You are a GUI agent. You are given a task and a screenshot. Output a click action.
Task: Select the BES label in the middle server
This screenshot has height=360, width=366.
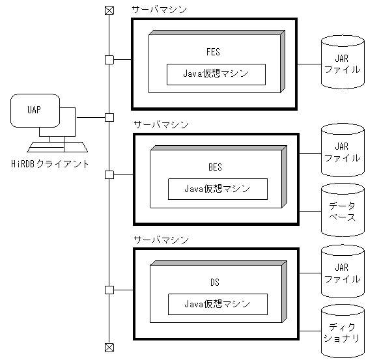(x=215, y=167)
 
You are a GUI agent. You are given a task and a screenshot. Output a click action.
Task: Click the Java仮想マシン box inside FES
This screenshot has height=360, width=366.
(x=216, y=74)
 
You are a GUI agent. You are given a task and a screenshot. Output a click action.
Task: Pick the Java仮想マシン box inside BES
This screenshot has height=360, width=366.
(x=218, y=189)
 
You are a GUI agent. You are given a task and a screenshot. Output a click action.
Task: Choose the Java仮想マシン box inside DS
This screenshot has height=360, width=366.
(x=218, y=303)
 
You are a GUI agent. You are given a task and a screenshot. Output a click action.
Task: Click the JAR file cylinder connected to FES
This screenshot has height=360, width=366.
(x=342, y=63)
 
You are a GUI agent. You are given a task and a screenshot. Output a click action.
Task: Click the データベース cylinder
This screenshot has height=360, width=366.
(x=342, y=210)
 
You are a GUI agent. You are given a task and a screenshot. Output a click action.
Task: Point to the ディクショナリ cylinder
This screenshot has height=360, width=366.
(x=342, y=331)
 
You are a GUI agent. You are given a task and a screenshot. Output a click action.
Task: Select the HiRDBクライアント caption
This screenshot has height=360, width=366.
(x=51, y=164)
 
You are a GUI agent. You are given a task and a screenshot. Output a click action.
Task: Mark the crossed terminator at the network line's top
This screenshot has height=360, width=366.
(x=109, y=10)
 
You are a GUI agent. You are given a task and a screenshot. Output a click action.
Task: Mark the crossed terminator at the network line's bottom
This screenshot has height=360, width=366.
(x=109, y=346)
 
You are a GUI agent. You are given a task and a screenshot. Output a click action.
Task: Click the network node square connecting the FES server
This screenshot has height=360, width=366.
(x=109, y=60)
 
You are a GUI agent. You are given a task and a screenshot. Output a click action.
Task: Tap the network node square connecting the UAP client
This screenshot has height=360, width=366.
(x=109, y=117)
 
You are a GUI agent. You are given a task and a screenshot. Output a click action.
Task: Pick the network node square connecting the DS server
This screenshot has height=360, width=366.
(x=109, y=290)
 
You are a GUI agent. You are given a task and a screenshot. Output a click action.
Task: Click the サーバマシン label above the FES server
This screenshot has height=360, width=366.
(x=159, y=10)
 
